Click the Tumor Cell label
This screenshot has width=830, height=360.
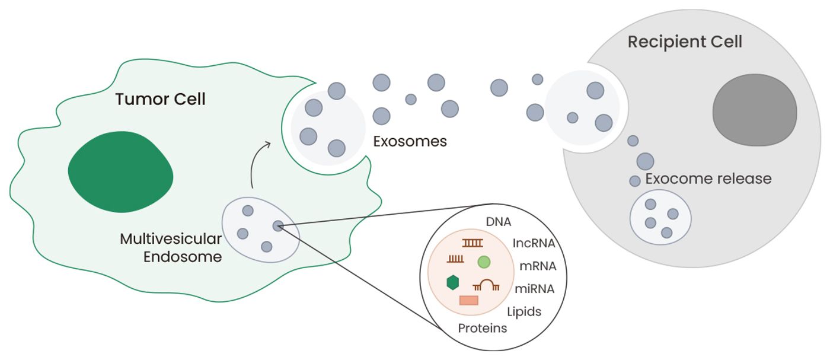pos(160,99)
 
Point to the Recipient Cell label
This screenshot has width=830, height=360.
pos(685,43)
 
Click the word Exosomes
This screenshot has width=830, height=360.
pos(410,142)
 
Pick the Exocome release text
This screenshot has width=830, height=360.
pos(708,179)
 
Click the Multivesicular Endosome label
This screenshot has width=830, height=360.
pos(171,248)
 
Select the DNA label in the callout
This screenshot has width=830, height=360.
pos(499,222)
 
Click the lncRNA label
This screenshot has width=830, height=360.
pos(534,243)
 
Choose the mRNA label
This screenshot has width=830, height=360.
pos(537,266)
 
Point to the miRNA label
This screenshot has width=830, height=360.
pos(535,289)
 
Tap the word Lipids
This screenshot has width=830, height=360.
pos(524,311)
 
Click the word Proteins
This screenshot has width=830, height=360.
pos(483,328)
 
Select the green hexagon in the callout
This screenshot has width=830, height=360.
pos(453,283)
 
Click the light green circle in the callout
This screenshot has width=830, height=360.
pos(484,262)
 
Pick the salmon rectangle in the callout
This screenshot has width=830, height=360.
pos(468,301)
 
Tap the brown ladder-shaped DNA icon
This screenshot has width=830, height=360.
pos(473,243)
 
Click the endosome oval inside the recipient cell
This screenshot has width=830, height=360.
pos(660,217)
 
